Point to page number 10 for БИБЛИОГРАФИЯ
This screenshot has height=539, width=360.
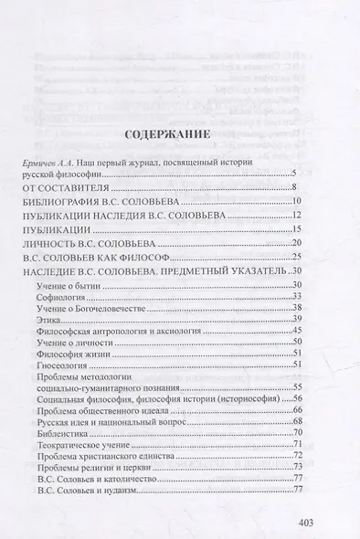tap(295, 199)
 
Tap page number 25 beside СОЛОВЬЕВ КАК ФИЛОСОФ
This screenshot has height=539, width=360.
tap(295, 259)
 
